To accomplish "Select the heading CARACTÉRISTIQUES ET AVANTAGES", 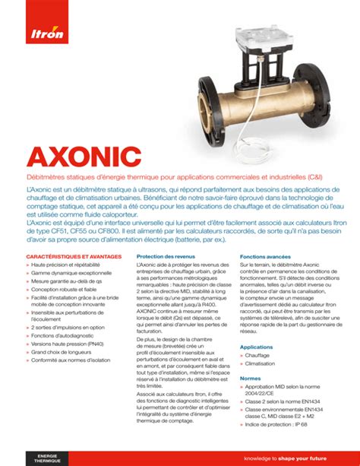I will (74, 257).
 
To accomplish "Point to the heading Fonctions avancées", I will (266, 257).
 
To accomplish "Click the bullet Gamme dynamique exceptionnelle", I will (71, 273).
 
